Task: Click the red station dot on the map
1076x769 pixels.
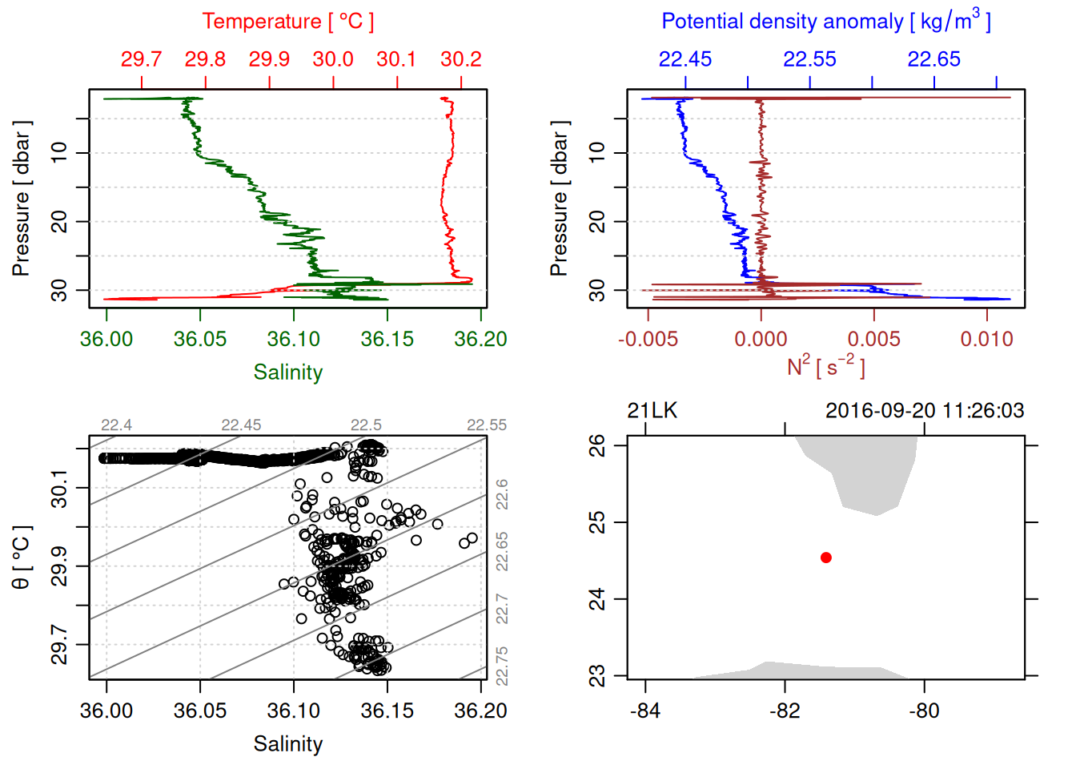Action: [825, 558]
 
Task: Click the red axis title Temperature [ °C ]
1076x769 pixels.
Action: [287, 22]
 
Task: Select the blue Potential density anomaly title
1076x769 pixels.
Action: [825, 21]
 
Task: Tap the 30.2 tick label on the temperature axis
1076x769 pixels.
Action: [461, 59]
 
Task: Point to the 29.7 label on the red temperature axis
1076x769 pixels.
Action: [142, 59]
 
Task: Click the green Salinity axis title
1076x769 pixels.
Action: [287, 372]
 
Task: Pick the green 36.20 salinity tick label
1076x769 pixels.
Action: [480, 339]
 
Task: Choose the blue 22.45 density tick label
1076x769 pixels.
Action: [685, 59]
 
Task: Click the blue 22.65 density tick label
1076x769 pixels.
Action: [933, 59]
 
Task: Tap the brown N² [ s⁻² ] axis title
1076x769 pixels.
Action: [825, 366]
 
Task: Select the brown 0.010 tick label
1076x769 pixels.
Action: [986, 339]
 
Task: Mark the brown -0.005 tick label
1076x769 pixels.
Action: [648, 339]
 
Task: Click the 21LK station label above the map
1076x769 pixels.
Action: [652, 411]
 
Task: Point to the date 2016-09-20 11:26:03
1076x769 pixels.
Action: [925, 411]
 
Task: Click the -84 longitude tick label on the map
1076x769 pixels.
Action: [645, 711]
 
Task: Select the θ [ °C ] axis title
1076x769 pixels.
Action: [22, 558]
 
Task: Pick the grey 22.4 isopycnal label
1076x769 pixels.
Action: [117, 425]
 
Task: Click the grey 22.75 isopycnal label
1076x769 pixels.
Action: [502, 666]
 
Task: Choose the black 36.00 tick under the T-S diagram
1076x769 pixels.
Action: [106, 711]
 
